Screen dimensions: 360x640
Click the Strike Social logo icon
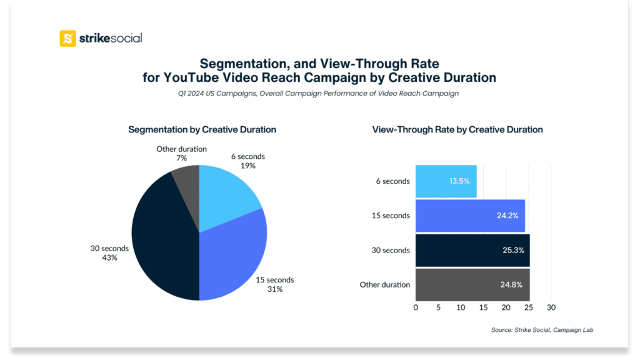(67, 38)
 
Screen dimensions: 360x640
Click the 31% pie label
(275, 289)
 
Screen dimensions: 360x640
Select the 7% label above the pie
(181, 158)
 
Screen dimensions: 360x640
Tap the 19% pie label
(247, 166)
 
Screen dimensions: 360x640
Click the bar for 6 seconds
(446, 181)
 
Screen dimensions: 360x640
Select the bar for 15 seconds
(470, 216)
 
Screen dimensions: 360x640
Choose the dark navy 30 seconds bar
(472, 250)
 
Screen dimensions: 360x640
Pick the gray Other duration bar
(472, 284)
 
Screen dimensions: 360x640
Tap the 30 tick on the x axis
(551, 307)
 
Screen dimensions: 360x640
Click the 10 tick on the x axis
(461, 307)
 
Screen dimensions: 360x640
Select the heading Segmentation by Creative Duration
(202, 129)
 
